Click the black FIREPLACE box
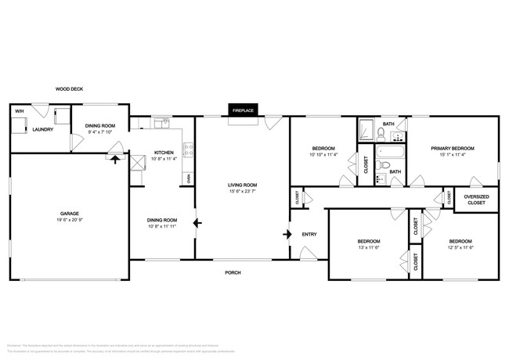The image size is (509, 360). tap(243, 110)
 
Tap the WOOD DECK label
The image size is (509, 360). tap(69, 89)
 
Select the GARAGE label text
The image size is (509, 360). tap(70, 213)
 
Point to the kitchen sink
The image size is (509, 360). tap(161, 122)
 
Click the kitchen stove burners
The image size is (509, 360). tap(188, 146)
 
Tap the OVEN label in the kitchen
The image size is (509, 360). tap(189, 178)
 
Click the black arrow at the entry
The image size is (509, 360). tap(291, 233)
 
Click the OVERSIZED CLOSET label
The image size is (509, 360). tap(476, 200)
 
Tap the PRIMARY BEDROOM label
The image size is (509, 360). tap(452, 148)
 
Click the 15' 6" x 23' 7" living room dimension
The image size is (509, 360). tap(243, 191)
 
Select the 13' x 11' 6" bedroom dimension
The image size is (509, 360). tap(368, 247)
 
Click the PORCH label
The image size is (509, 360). tap(233, 272)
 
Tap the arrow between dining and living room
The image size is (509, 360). tap(197, 223)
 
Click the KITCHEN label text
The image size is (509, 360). tap(163, 152)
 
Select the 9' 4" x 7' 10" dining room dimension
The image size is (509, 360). tap(99, 132)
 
